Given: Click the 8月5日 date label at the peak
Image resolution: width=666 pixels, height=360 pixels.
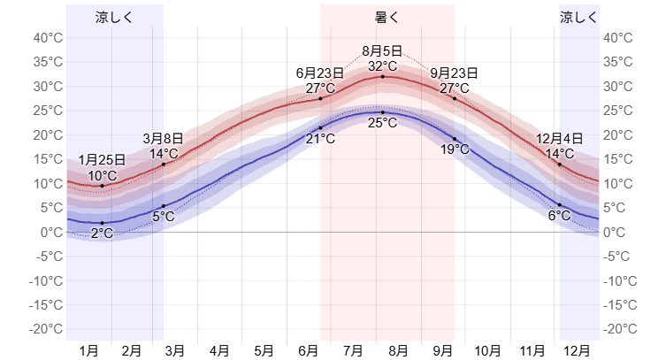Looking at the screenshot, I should [382, 51].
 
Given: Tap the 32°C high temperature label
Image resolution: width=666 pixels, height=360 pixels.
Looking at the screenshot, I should [382, 65].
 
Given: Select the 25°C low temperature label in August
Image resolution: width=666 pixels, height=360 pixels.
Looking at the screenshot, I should [382, 123].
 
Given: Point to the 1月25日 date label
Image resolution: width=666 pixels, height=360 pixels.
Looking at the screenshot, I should [102, 160].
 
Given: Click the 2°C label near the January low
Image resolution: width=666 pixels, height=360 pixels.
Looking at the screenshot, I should [102, 234].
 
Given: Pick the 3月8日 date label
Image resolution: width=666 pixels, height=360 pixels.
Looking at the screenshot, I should [164, 139].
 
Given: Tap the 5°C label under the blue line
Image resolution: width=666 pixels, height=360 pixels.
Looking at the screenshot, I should [164, 217].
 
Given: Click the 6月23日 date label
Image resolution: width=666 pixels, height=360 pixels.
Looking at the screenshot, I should [320, 73].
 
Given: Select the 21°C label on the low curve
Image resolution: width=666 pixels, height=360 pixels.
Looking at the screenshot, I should [320, 139].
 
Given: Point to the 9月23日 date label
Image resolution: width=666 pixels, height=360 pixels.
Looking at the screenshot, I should [455, 73].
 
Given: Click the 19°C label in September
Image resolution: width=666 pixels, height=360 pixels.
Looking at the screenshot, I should [455, 149].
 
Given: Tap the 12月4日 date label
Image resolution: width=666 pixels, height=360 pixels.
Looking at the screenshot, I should [560, 139].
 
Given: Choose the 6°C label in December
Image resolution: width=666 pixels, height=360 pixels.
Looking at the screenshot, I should [560, 216].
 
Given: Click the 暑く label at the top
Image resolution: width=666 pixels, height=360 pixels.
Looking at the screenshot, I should [387, 17].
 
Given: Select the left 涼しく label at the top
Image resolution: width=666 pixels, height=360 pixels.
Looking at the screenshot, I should [114, 17].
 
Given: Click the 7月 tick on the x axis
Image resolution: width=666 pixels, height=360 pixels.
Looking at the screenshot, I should [353, 351].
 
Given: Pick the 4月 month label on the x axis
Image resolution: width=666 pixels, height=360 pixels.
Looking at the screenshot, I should [220, 351].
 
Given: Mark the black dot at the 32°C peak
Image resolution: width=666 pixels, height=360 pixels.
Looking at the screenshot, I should [382, 77].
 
